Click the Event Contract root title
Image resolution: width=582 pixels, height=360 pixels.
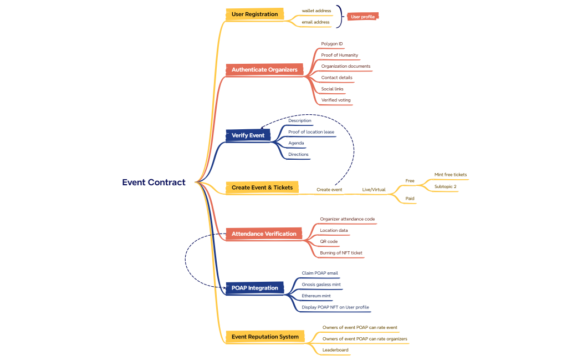(154, 182)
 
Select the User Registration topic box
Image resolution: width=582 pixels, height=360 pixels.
(254, 14)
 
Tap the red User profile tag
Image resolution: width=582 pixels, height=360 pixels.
(363, 17)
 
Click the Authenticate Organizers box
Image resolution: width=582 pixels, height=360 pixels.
(264, 70)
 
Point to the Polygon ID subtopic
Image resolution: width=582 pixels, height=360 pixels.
(331, 44)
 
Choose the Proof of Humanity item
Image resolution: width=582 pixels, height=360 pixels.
(339, 55)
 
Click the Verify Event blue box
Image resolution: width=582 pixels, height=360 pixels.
(248, 135)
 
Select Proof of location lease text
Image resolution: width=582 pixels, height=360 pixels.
(311, 132)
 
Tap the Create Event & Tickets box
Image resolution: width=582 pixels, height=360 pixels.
(262, 187)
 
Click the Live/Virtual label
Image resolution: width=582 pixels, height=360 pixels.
(374, 190)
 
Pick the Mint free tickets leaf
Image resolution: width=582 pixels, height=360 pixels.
(450, 175)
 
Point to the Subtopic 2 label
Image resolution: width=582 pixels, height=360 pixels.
(445, 186)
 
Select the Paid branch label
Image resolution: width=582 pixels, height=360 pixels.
(410, 198)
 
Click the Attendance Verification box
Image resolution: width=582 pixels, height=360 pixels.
(264, 234)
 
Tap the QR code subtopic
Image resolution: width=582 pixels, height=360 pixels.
(329, 241)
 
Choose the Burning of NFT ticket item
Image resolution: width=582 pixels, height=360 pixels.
(341, 253)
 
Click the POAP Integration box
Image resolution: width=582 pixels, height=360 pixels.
(255, 288)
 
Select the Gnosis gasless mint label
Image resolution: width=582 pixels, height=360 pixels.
(321, 285)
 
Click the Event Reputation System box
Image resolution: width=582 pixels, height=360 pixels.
(265, 337)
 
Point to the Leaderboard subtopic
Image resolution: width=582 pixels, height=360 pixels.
(335, 350)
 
